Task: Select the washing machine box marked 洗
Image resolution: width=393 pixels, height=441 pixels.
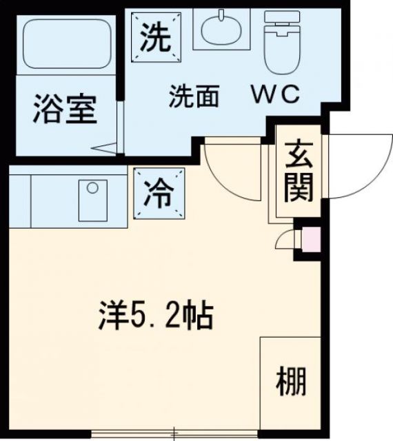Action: point(156,38)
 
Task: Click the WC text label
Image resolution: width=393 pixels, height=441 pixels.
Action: point(274,96)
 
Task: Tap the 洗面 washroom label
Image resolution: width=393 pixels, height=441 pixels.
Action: point(194,97)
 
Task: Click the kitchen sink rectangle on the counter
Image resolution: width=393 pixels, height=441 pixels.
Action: point(92,200)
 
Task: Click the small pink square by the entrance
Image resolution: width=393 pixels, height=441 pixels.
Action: point(312,240)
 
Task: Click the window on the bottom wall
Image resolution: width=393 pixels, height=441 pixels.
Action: point(176,434)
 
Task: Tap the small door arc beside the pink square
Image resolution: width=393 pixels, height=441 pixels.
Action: point(284,240)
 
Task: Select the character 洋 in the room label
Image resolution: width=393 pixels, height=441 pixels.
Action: point(108,317)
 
